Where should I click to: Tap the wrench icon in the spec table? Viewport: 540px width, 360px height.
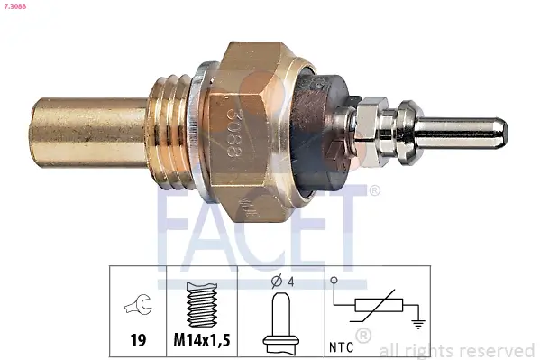point(138,308)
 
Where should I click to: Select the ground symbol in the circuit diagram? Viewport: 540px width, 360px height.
point(416,323)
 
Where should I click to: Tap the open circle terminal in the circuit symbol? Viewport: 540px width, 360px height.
point(334,282)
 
